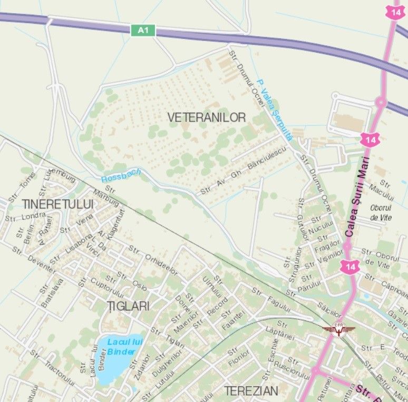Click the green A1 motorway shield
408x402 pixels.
[x=143, y=31]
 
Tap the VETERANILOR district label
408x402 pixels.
[x=207, y=117]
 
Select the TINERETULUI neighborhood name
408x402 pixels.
[x=57, y=204]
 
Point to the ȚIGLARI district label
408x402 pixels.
[x=128, y=306]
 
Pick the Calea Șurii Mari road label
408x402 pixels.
[x=357, y=195]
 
